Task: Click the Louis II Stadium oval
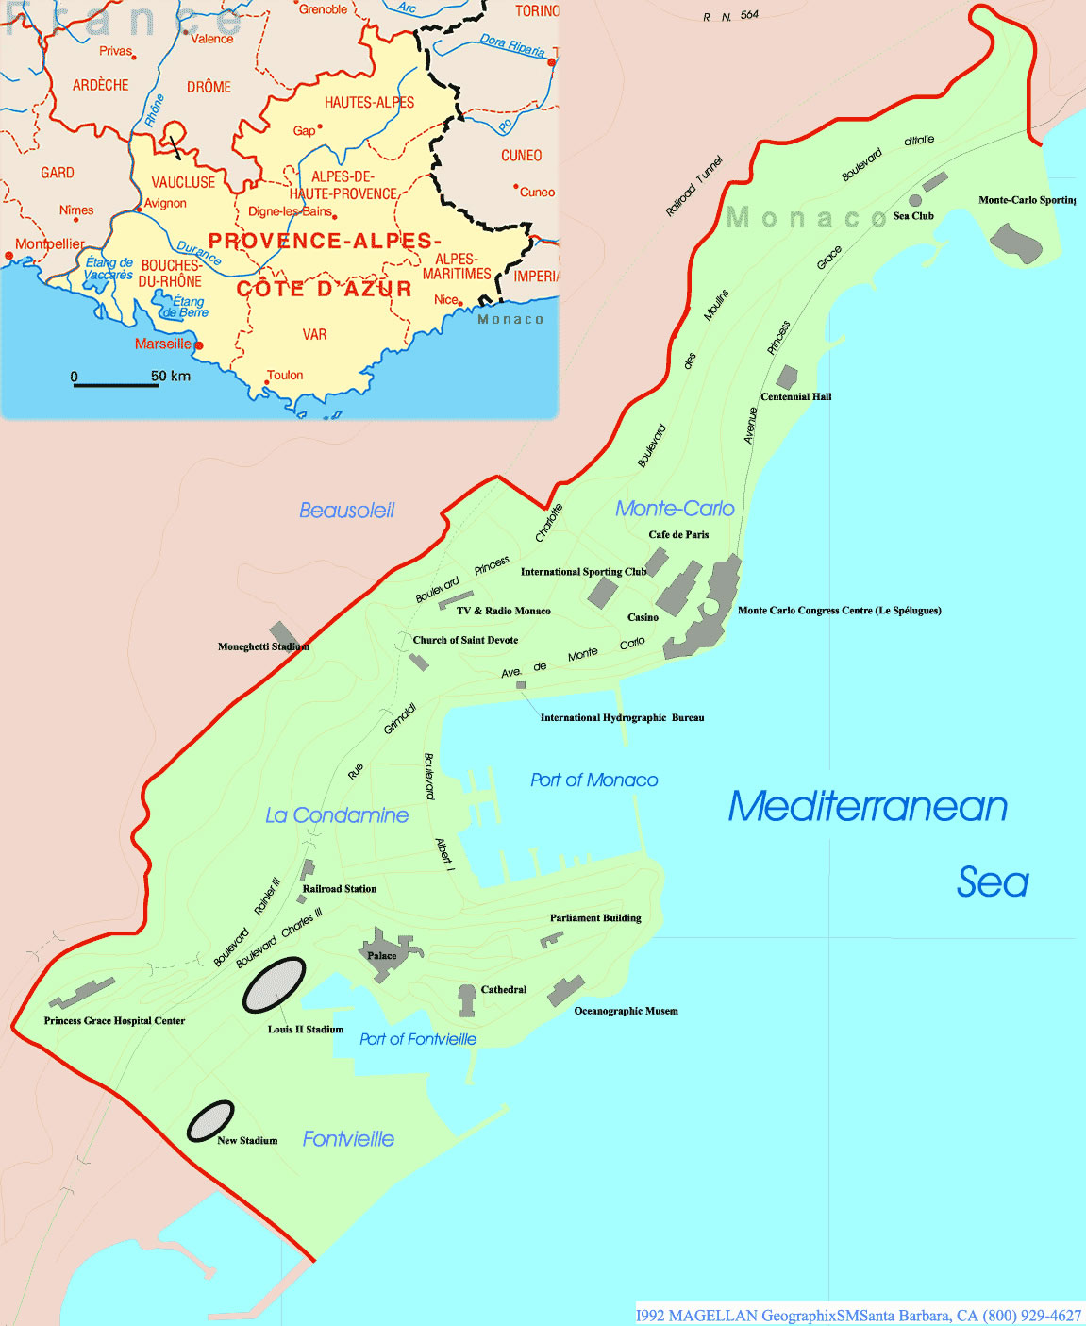point(274,985)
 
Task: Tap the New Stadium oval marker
point(210,1121)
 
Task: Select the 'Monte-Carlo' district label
point(675,509)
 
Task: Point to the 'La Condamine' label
point(337,815)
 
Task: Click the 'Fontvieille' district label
point(348,1139)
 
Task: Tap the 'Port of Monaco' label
point(593,780)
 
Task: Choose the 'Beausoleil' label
point(346,511)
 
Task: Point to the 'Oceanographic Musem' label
point(626,1011)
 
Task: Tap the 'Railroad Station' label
point(339,889)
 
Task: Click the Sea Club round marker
point(914,200)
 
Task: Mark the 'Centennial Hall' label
point(795,396)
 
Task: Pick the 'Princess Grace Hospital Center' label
point(114,1021)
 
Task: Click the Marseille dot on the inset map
point(199,345)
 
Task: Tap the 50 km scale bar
point(116,385)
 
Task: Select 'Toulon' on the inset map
point(285,375)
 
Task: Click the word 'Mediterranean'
point(867,807)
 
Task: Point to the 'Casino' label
point(643,617)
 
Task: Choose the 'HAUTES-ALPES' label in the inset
point(369,102)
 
